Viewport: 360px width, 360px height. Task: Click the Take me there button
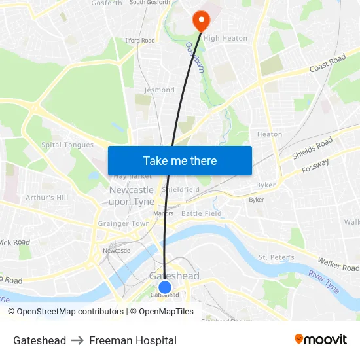click(x=180, y=160)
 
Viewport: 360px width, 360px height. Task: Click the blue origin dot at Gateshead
click(x=165, y=287)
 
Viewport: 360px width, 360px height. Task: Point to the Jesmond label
click(x=160, y=90)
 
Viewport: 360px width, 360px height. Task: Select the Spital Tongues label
click(x=67, y=145)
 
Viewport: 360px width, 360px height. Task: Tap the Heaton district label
click(x=270, y=134)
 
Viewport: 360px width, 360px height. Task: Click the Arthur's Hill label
click(x=46, y=197)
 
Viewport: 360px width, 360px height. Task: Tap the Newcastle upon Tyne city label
click(x=132, y=196)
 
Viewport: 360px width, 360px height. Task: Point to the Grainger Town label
click(x=124, y=223)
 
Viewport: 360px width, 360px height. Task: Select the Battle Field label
click(x=202, y=213)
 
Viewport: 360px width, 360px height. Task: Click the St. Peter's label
click(x=276, y=257)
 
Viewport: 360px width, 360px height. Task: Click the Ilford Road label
click(x=140, y=40)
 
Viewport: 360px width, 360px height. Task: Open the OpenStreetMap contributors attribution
click(x=65, y=312)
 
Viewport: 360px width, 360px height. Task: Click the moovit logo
click(x=321, y=339)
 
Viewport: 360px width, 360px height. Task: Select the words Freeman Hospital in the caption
click(x=133, y=340)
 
